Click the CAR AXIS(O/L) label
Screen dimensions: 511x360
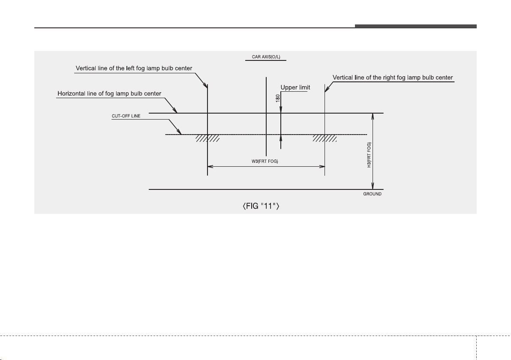tap(266, 57)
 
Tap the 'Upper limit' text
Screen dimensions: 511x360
tap(295, 87)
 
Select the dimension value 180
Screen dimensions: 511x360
tap(278, 98)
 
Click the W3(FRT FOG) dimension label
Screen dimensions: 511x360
tap(265, 161)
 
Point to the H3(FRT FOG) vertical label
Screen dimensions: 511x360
tap(369, 155)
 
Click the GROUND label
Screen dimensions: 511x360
tap(372, 194)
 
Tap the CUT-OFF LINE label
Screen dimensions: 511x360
tap(126, 116)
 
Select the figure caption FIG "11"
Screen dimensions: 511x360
tap(261, 206)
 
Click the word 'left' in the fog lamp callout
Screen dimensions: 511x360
tap(130, 69)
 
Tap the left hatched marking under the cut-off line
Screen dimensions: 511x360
tap(207, 138)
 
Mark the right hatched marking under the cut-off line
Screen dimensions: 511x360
tap(325, 138)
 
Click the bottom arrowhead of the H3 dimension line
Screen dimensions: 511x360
tap(373, 186)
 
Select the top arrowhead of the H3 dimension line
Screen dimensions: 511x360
tap(373, 116)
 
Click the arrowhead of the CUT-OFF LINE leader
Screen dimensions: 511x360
tap(179, 132)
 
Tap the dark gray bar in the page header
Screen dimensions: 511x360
tap(416, 26)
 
